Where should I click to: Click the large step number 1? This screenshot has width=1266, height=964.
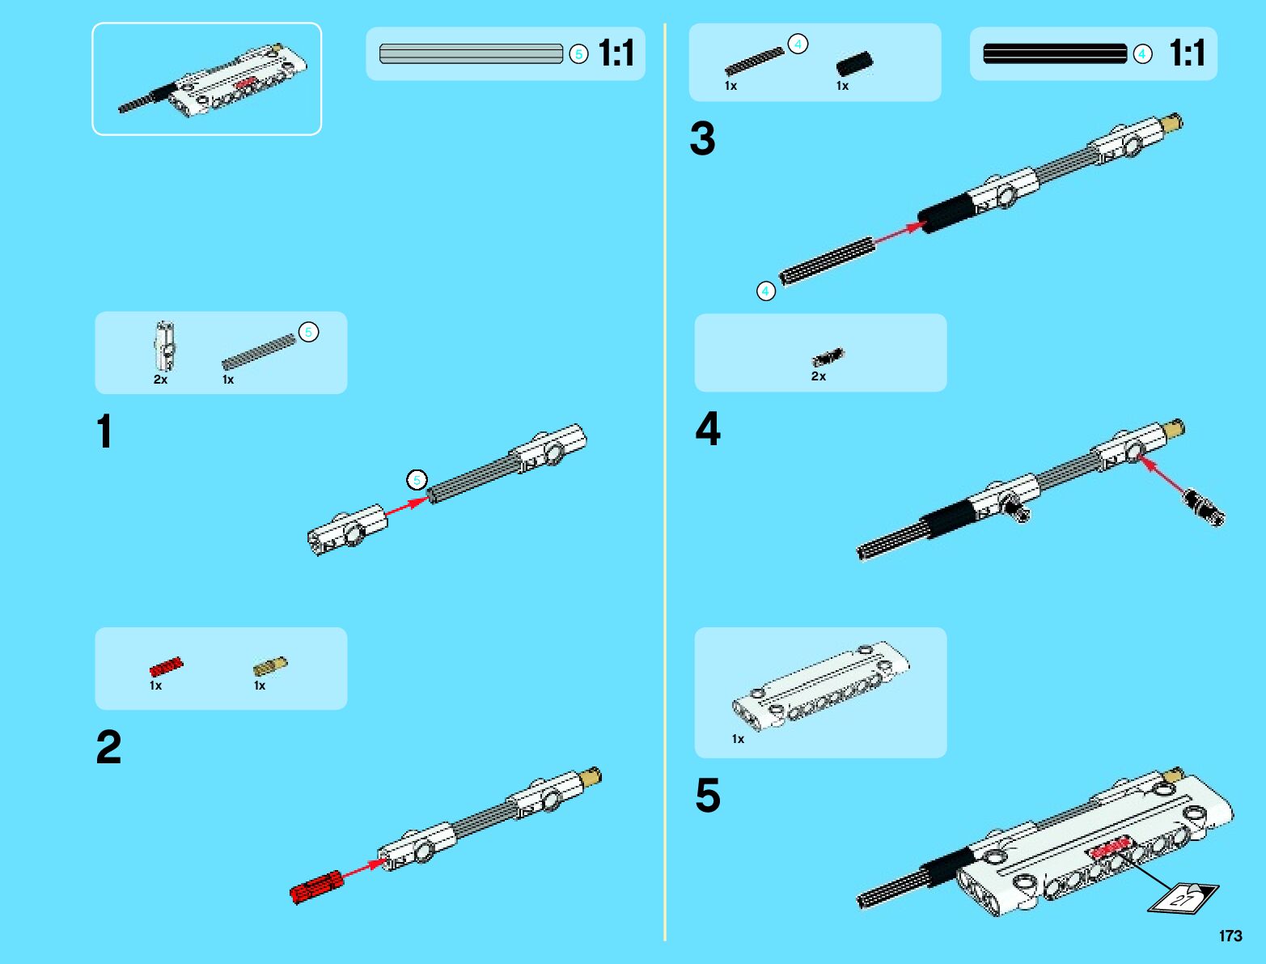(x=104, y=431)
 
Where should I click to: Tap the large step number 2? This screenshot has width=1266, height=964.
(x=108, y=746)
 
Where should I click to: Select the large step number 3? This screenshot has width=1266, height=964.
(x=702, y=138)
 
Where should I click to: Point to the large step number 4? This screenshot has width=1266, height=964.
(x=708, y=429)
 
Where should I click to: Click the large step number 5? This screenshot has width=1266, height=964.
(x=708, y=795)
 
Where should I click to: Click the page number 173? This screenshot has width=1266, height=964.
(x=1230, y=936)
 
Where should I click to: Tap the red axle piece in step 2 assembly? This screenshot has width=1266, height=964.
(x=316, y=887)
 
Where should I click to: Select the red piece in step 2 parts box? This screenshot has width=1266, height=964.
(x=166, y=667)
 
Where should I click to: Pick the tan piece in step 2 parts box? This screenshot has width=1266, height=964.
(x=269, y=666)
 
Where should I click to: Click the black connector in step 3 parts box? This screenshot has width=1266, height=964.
(x=854, y=64)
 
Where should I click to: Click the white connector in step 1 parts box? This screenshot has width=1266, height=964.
(x=165, y=346)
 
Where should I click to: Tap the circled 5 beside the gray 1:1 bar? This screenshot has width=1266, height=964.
(x=578, y=54)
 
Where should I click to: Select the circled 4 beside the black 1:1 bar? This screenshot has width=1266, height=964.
(x=1142, y=54)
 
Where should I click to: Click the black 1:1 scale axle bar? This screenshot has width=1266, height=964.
(x=1054, y=54)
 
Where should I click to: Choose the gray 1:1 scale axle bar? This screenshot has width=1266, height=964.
(x=471, y=54)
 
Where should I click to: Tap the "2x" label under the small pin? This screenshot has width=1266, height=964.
(x=819, y=376)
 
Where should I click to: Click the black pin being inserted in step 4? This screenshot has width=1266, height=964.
(x=1204, y=508)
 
